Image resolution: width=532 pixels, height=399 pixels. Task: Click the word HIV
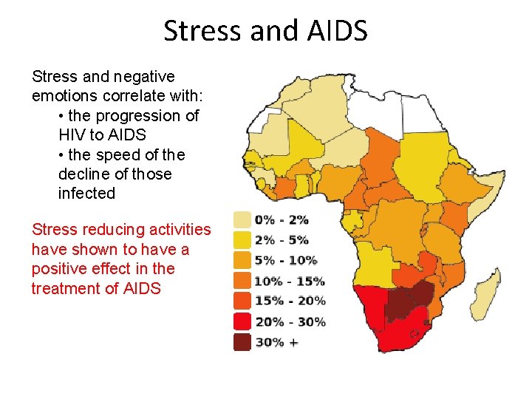click(72, 135)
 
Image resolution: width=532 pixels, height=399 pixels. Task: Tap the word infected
click(86, 194)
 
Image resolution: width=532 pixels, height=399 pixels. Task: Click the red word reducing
click(116, 231)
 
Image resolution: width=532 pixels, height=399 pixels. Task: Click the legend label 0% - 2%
click(281, 219)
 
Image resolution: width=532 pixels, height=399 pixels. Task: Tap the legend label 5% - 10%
click(285, 260)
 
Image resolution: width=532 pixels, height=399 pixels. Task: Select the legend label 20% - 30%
click(290, 321)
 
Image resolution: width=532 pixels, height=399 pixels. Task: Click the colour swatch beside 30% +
click(242, 342)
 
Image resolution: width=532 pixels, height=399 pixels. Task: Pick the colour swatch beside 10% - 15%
click(242, 281)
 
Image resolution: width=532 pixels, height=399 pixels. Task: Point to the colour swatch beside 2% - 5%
click(242, 240)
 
